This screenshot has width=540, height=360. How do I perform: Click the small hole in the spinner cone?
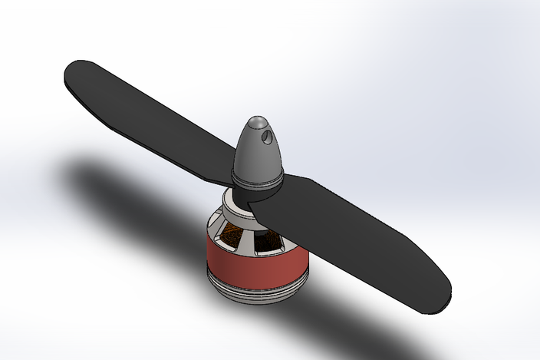tap(266, 139)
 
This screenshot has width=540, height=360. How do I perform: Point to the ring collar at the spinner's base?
tap(257, 181)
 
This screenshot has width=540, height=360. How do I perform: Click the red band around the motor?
tap(245, 265)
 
